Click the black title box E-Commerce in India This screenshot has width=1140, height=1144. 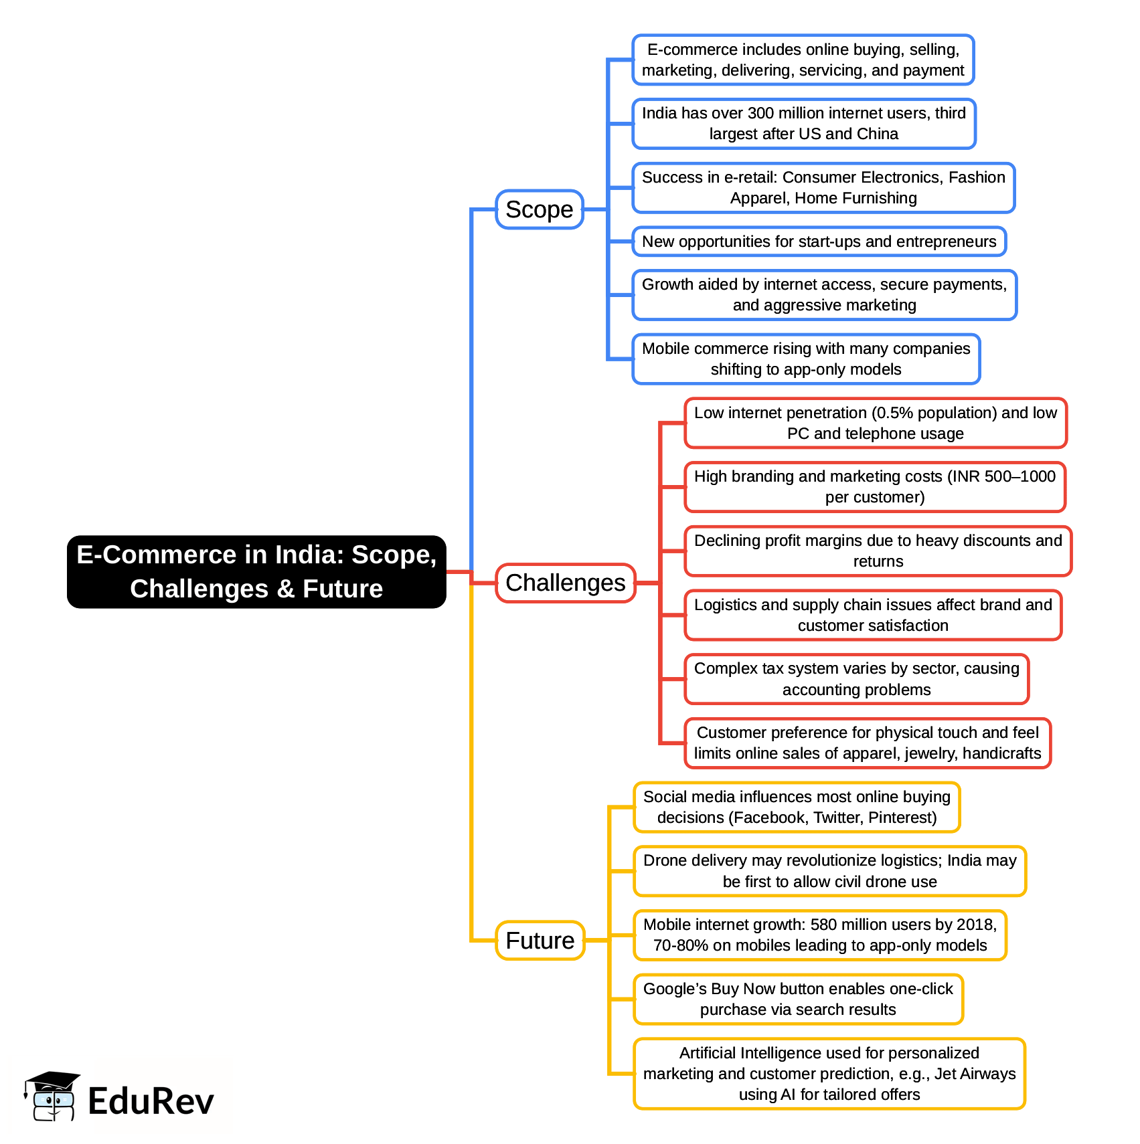click(x=256, y=571)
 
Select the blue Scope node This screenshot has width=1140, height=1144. click(x=540, y=209)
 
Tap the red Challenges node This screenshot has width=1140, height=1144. click(x=566, y=583)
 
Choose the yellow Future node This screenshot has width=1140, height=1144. click(x=540, y=941)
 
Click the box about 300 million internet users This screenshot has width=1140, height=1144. click(x=804, y=124)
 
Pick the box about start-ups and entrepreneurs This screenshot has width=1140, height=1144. click(x=819, y=242)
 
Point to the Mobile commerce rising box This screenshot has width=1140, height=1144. click(x=806, y=359)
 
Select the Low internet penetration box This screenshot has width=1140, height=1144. click(x=876, y=423)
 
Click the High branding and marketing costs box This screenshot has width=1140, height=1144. click(x=875, y=487)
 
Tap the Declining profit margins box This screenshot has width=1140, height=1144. click(x=878, y=551)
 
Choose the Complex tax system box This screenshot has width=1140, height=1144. click(x=857, y=679)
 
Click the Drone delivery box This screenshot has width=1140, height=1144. click(x=830, y=871)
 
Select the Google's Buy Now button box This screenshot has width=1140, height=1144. click(x=798, y=999)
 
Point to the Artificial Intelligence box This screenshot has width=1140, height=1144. click(x=829, y=1074)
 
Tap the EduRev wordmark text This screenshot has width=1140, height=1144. click(x=151, y=1101)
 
